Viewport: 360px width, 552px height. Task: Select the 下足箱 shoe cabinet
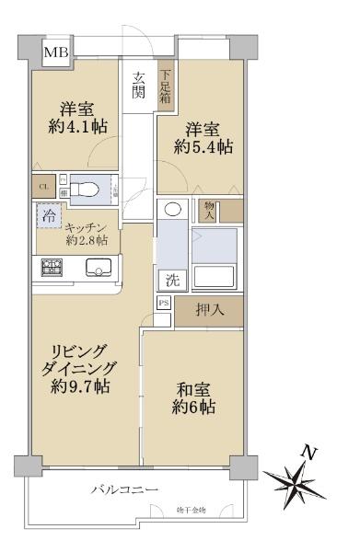click(x=167, y=86)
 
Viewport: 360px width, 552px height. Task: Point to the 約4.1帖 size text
click(x=70, y=126)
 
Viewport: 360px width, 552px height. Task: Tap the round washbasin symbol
click(x=172, y=209)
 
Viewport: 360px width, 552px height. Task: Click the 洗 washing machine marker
click(x=172, y=280)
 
